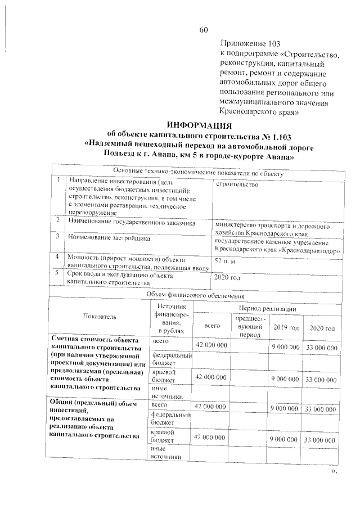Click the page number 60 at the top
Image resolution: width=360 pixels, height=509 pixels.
204,30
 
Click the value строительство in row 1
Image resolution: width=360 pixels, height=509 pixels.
236,184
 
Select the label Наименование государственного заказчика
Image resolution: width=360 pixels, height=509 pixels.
131,223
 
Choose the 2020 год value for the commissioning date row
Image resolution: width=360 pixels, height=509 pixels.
228,278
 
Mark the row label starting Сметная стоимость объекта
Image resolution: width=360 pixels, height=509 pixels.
98,364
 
